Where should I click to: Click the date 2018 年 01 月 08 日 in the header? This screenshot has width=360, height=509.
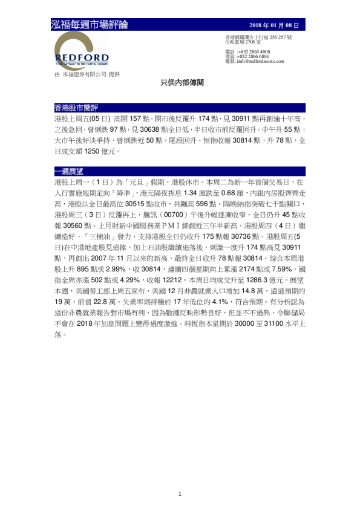pyautogui.click(x=274, y=25)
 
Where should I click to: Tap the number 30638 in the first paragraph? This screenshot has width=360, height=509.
pyautogui.click(x=149, y=129)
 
